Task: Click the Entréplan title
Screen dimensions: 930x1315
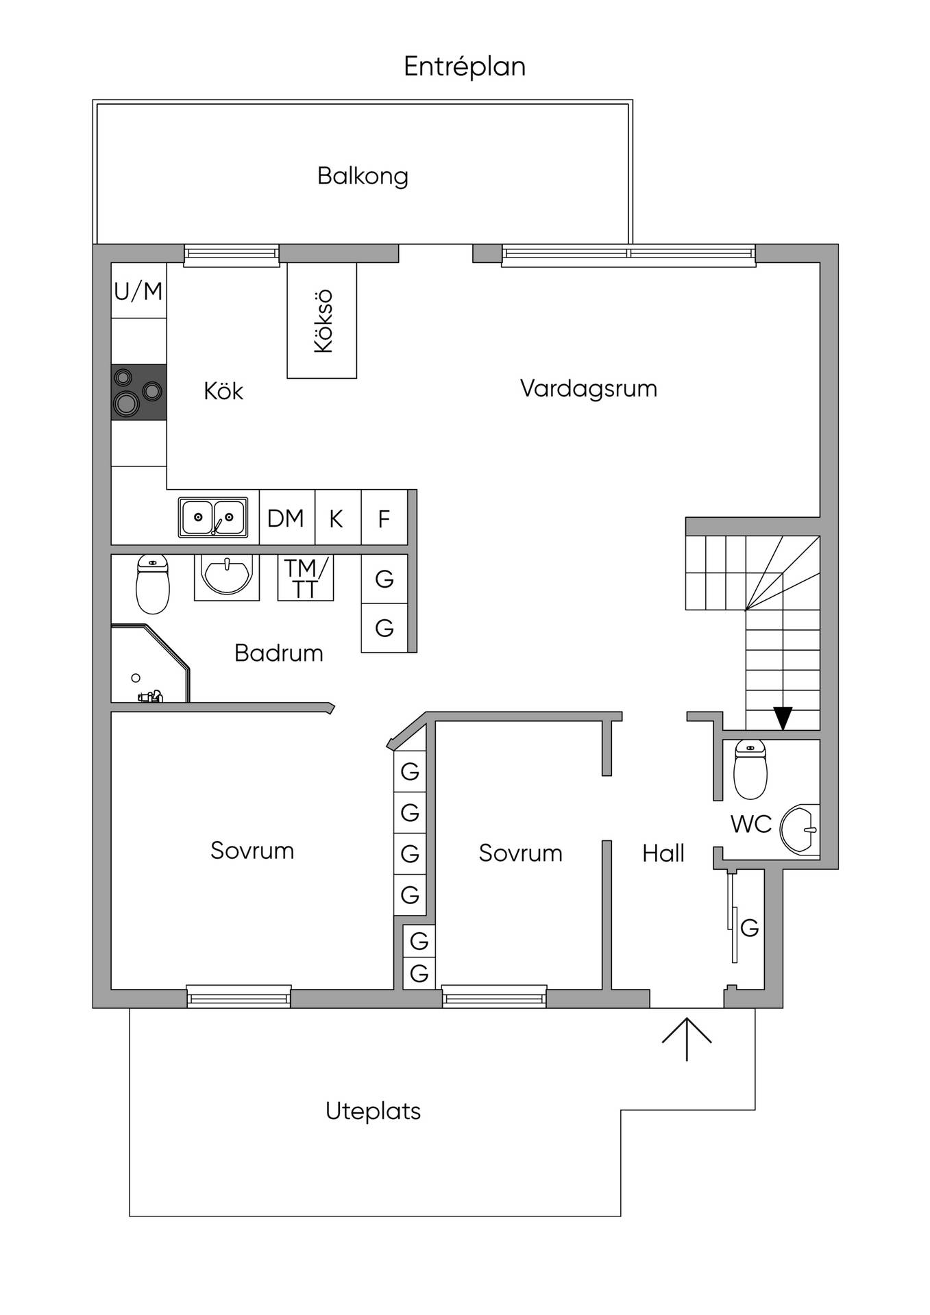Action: tap(465, 67)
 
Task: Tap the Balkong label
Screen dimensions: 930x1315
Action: tap(363, 177)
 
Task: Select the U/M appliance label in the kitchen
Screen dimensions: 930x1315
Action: tap(138, 291)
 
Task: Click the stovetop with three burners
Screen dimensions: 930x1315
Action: tap(139, 392)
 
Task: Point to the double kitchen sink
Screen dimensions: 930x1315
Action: tap(213, 517)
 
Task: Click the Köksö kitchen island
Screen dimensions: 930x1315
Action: tap(322, 321)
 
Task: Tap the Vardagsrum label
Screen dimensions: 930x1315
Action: tap(589, 388)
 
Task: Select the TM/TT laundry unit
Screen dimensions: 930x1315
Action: tap(306, 578)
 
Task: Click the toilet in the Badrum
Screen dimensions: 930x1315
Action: tap(153, 584)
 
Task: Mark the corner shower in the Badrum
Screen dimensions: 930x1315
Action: tap(150, 663)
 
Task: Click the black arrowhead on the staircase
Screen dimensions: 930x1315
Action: tap(783, 718)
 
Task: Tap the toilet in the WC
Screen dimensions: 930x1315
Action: tap(750, 769)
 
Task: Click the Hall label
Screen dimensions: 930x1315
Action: tap(663, 853)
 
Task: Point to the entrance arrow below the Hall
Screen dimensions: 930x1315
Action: tap(687, 1038)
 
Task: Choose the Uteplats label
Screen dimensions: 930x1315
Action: tap(374, 1111)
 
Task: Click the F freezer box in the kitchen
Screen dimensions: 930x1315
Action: tap(384, 518)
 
